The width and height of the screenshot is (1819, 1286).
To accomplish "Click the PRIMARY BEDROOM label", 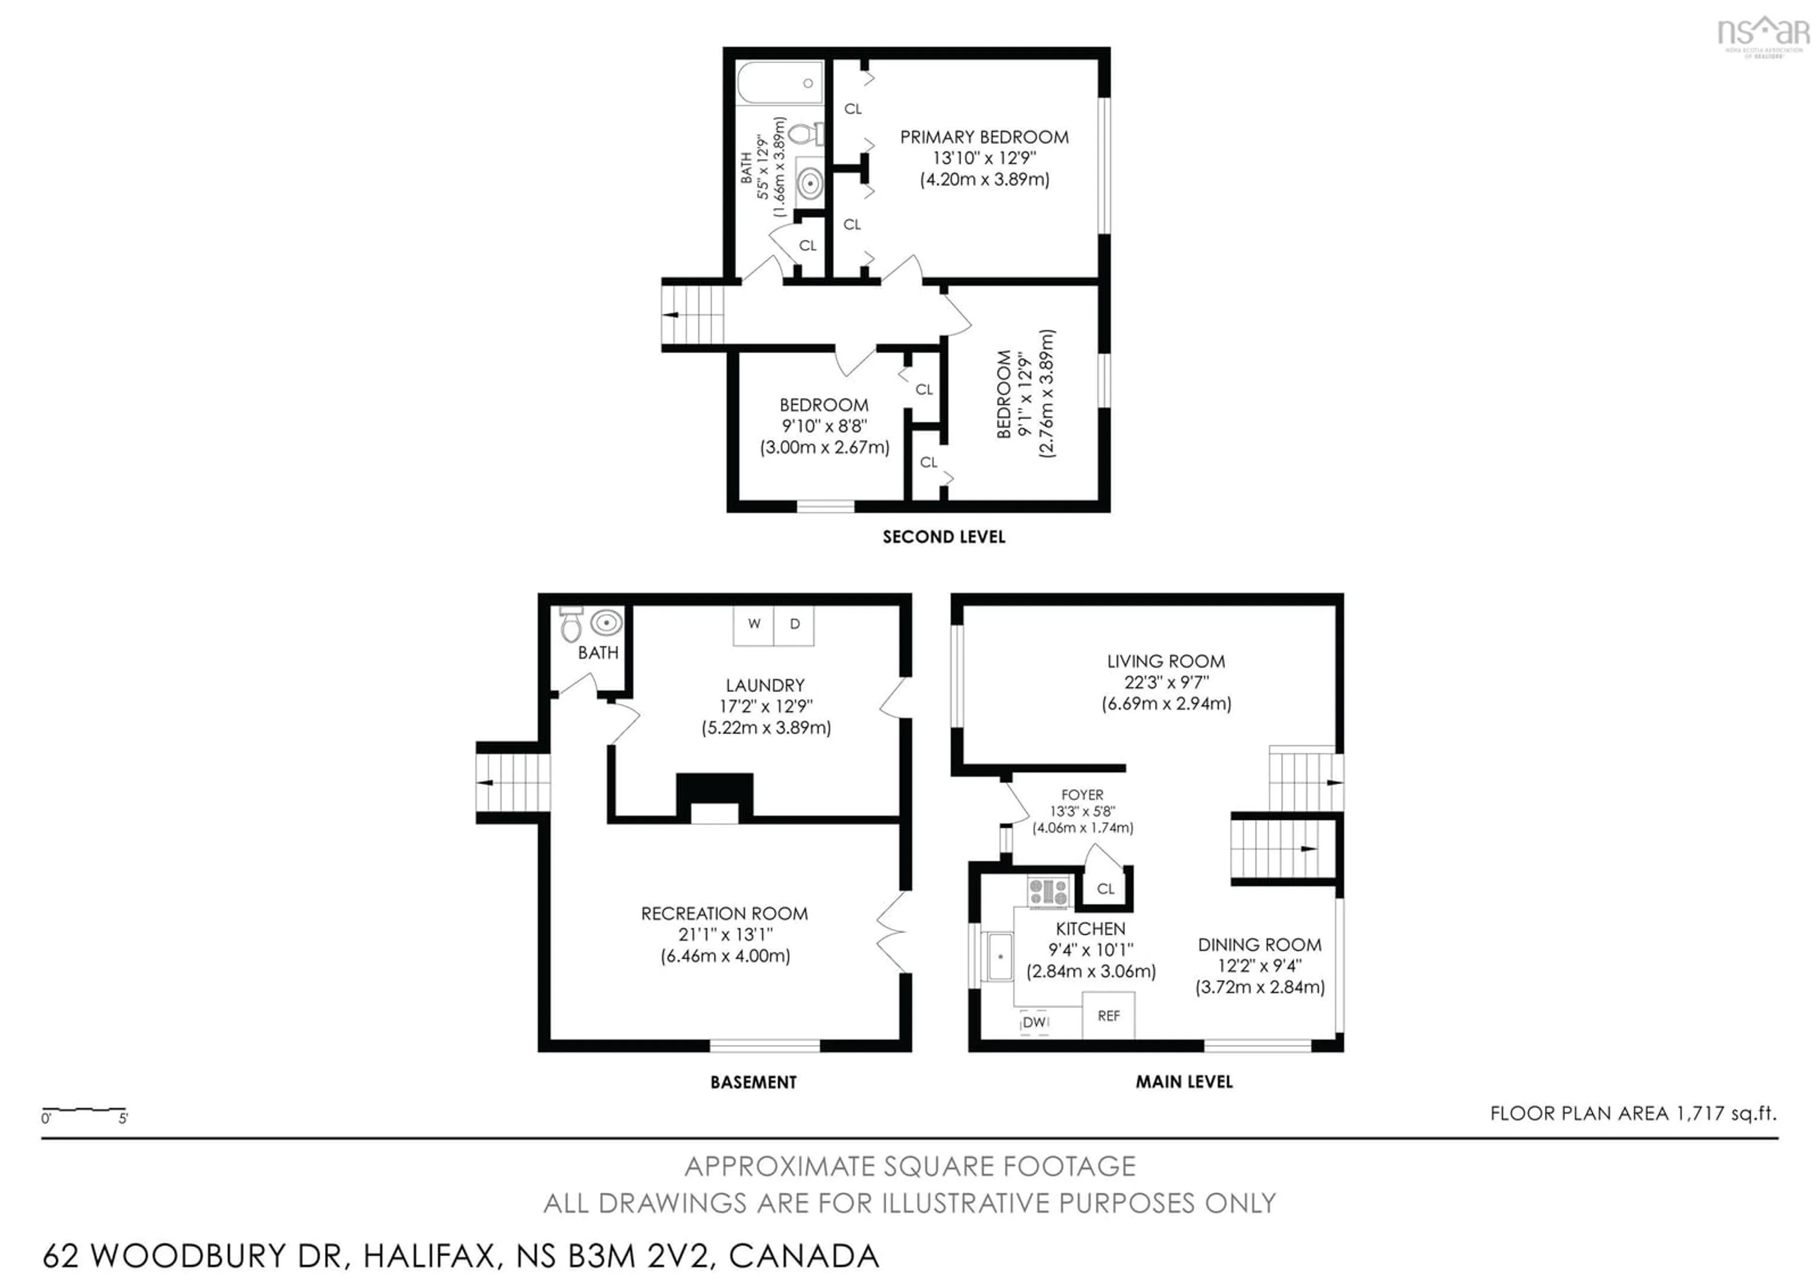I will (984, 137).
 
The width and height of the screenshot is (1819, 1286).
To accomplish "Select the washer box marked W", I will (754, 625).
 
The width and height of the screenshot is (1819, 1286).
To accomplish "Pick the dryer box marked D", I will (794, 625).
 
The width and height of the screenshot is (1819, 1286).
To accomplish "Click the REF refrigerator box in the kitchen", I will (1108, 1016).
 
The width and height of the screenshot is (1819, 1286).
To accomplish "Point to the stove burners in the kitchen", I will (1048, 892).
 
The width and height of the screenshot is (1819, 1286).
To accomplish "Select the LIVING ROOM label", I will (1165, 661).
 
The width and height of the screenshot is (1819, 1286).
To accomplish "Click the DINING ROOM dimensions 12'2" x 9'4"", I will (1260, 966).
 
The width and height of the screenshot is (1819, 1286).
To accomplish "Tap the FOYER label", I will (1082, 795).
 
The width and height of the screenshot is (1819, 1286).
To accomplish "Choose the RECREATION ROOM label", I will (724, 914).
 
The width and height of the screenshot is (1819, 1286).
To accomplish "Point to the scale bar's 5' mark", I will (124, 1118).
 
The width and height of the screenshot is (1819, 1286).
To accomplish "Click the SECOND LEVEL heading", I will (944, 537).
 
